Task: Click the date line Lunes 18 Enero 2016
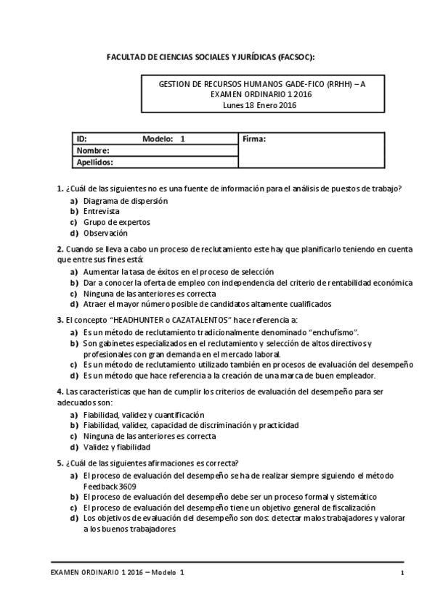(260, 104)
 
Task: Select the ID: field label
(82, 139)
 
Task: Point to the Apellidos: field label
(96, 162)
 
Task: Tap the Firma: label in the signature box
(254, 139)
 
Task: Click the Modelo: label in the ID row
(158, 139)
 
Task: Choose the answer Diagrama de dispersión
(125, 200)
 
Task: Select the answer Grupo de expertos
(116, 222)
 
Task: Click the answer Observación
(105, 233)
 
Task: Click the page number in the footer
(402, 573)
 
